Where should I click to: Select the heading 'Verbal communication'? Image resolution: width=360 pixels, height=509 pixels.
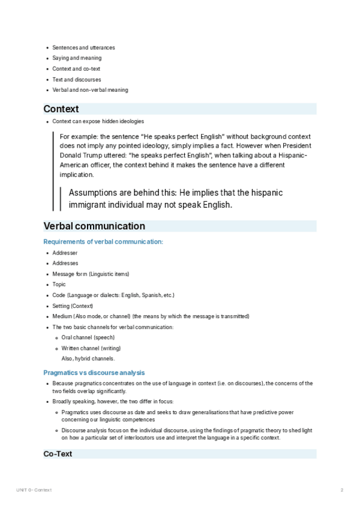94,226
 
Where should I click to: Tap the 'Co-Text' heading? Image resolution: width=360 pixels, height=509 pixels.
58,454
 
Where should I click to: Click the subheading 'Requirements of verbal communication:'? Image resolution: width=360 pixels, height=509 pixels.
103,241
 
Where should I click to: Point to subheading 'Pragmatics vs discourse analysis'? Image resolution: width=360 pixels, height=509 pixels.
94,372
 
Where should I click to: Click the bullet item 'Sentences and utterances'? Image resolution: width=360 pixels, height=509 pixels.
83,47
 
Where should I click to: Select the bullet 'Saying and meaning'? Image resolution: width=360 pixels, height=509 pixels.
77,58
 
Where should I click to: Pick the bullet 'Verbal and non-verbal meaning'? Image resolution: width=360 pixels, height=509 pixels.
90,90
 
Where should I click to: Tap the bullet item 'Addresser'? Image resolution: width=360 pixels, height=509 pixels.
65,253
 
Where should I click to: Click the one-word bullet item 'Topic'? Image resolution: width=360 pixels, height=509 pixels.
59,285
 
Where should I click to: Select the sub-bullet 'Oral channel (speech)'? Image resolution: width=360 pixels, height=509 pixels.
88,337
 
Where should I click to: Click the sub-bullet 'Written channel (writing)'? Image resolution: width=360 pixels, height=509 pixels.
91,348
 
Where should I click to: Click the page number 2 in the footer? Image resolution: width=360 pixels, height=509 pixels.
342,490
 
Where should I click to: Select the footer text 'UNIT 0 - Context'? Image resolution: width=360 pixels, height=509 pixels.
34,490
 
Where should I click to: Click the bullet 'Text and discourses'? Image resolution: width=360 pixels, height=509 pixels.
77,79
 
